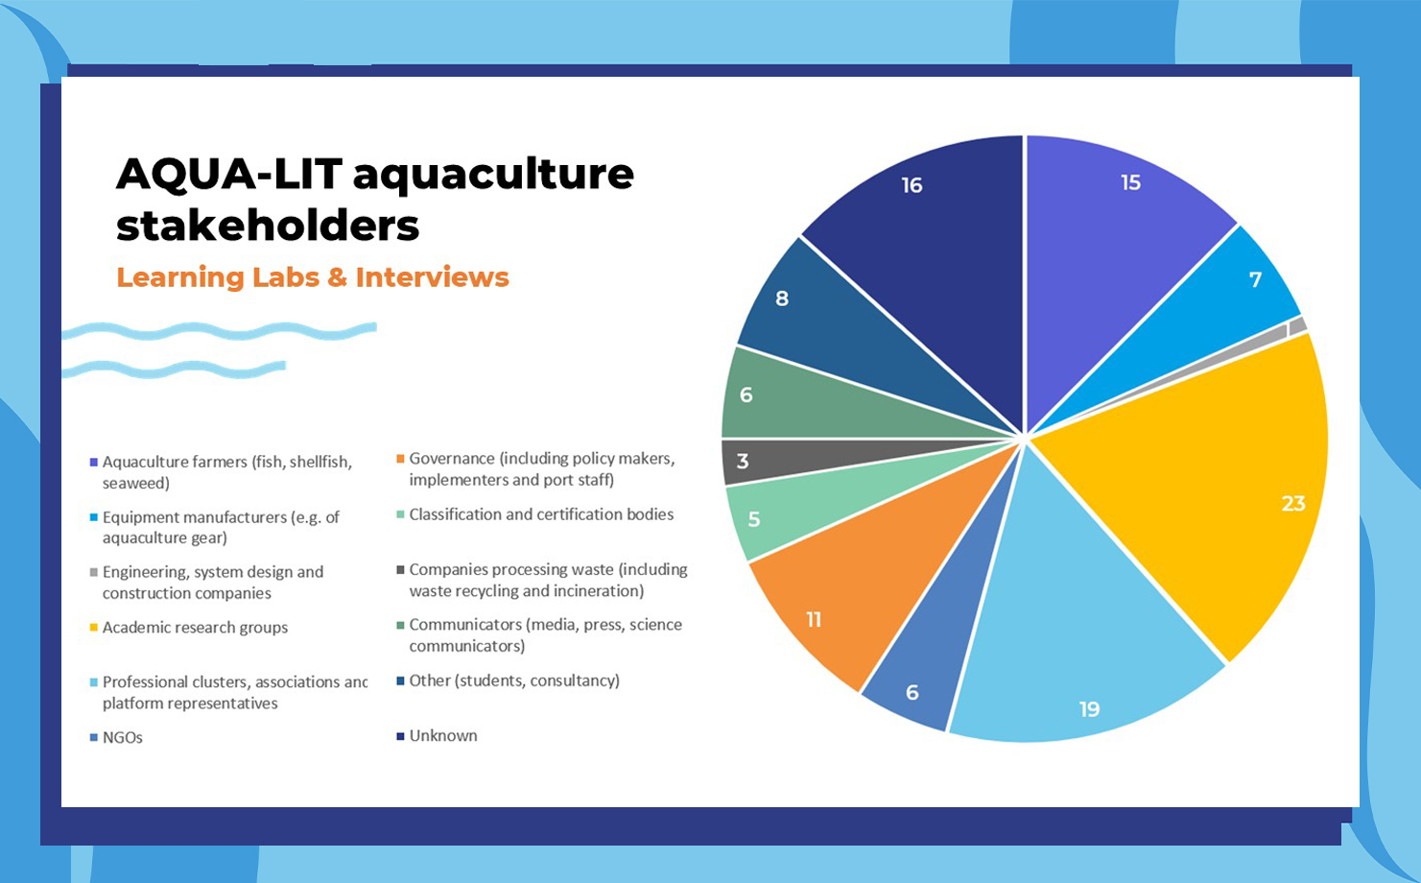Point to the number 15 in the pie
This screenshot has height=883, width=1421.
tap(1130, 182)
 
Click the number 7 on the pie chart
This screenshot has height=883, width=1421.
tap(1255, 279)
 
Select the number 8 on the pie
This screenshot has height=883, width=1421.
tap(782, 298)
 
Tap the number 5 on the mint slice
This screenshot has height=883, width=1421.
tap(753, 519)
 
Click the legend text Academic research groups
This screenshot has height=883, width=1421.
tap(196, 627)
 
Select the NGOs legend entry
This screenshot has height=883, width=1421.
tap(116, 738)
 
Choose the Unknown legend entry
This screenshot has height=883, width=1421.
tap(437, 736)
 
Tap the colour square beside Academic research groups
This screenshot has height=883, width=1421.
tap(94, 627)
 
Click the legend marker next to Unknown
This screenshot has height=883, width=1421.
tap(400, 736)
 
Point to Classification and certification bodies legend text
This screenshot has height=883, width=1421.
tap(541, 514)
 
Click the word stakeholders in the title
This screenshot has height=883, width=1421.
tap(268, 226)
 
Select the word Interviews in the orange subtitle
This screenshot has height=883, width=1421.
tap(432, 277)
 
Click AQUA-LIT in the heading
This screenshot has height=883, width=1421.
tap(229, 174)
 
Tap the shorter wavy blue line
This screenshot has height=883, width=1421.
tap(174, 369)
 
